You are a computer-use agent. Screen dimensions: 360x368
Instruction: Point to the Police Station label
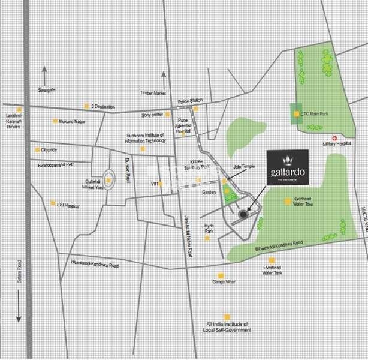(190, 101)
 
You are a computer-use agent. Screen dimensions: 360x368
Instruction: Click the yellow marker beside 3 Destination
(86, 106)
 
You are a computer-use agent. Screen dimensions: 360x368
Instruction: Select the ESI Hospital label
(67, 203)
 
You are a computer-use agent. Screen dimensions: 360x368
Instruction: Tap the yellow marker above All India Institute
(227, 317)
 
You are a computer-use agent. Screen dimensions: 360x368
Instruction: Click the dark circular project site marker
(243, 214)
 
